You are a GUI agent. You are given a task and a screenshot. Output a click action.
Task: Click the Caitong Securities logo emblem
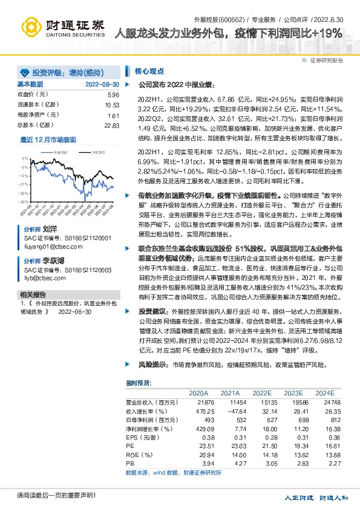[31, 26]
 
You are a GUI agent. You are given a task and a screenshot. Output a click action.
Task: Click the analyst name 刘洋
[50, 230]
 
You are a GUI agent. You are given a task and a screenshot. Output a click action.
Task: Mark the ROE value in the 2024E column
[329, 455]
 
